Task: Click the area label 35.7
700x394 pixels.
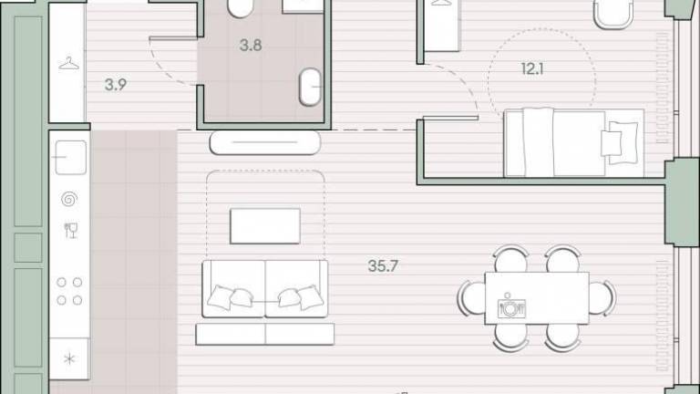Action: (x=383, y=266)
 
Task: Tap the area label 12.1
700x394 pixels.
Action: (x=532, y=68)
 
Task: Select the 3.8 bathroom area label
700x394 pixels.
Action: (x=251, y=45)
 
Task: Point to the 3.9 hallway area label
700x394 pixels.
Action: (x=116, y=85)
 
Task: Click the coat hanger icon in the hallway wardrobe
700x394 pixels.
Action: (x=68, y=64)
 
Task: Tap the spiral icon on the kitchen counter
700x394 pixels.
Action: (x=69, y=199)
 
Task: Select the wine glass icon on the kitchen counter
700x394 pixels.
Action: (x=71, y=231)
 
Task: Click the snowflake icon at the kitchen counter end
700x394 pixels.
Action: (x=69, y=358)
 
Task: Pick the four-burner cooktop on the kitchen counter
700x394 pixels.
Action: (x=69, y=291)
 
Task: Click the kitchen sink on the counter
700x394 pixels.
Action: (x=70, y=157)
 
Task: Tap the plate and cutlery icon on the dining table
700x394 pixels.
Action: (x=510, y=306)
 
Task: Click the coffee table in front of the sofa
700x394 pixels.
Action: (x=265, y=226)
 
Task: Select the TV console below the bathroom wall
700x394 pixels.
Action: (x=265, y=142)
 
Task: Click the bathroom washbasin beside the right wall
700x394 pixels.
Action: (x=310, y=87)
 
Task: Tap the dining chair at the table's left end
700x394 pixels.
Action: (x=471, y=298)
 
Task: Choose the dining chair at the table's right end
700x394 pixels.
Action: (x=602, y=298)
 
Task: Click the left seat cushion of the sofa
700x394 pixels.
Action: (x=234, y=288)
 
